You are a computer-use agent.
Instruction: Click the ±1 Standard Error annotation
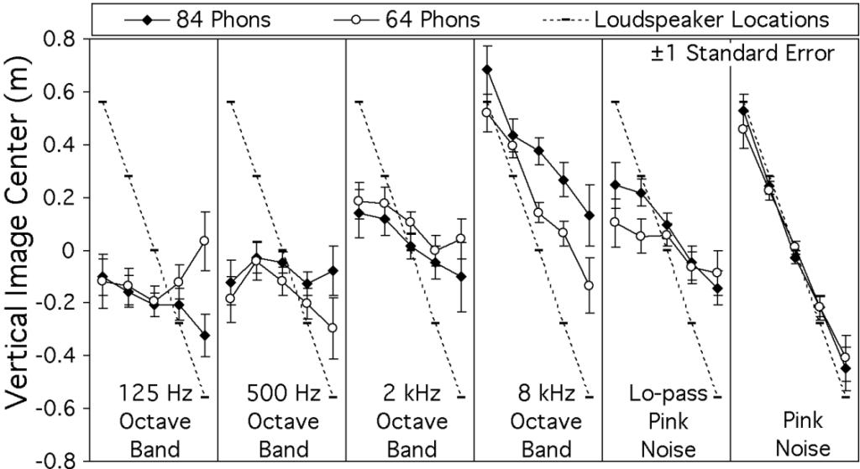pyautogui.click(x=742, y=54)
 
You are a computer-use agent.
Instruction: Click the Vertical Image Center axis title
pyautogui.click(x=20, y=249)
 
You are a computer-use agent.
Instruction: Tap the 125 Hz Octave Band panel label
pyautogui.click(x=156, y=420)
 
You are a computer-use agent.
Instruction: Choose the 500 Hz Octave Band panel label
pyautogui.click(x=283, y=420)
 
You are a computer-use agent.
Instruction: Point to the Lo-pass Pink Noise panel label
pyautogui.click(x=667, y=420)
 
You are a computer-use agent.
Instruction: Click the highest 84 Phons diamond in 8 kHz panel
pyautogui.click(x=487, y=70)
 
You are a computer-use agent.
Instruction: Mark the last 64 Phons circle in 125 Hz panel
pyautogui.click(x=204, y=241)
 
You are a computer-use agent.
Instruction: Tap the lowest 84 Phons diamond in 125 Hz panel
pyautogui.click(x=204, y=336)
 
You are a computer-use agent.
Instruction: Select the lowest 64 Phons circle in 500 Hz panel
pyautogui.click(x=333, y=328)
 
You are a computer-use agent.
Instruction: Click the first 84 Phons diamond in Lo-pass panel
pyautogui.click(x=615, y=185)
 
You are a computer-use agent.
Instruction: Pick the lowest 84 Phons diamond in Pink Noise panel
pyautogui.click(x=845, y=368)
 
